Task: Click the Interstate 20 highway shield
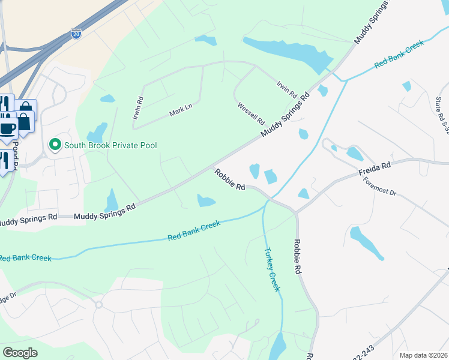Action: pyautogui.click(x=76, y=33)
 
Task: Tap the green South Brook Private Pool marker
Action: pyautogui.click(x=55, y=145)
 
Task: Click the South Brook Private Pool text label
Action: pyautogui.click(x=110, y=145)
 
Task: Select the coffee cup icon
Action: pyautogui.click(x=8, y=127)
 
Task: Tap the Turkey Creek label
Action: pyautogui.click(x=272, y=269)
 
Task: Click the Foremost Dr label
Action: pyautogui.click(x=379, y=190)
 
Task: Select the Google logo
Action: pyautogui.click(x=20, y=352)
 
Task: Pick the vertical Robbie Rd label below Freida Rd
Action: pyautogui.click(x=297, y=257)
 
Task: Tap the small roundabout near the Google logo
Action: pyautogui.click(x=98, y=305)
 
